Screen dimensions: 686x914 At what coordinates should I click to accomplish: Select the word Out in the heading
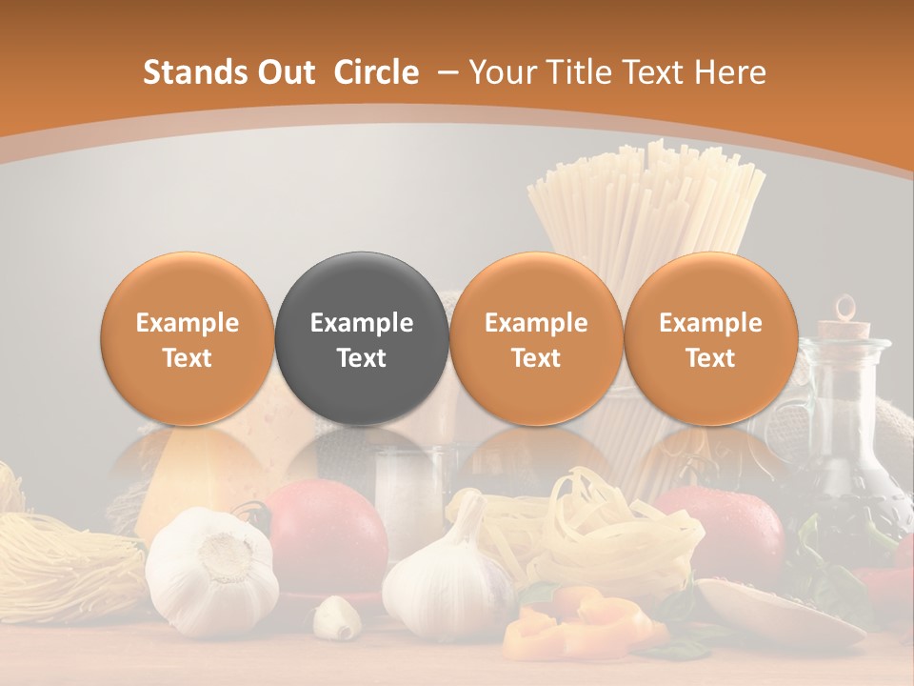point(284,72)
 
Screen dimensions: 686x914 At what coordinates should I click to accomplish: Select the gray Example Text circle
point(362,339)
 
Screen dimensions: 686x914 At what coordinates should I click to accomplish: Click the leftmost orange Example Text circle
point(188,339)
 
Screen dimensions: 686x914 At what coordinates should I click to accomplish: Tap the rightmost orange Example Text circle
point(710,339)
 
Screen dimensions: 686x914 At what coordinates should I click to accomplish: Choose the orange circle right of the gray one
point(536,339)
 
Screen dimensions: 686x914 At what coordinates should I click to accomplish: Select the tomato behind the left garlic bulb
point(328,534)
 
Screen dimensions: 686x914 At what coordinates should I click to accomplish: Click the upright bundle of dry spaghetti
point(647,210)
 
